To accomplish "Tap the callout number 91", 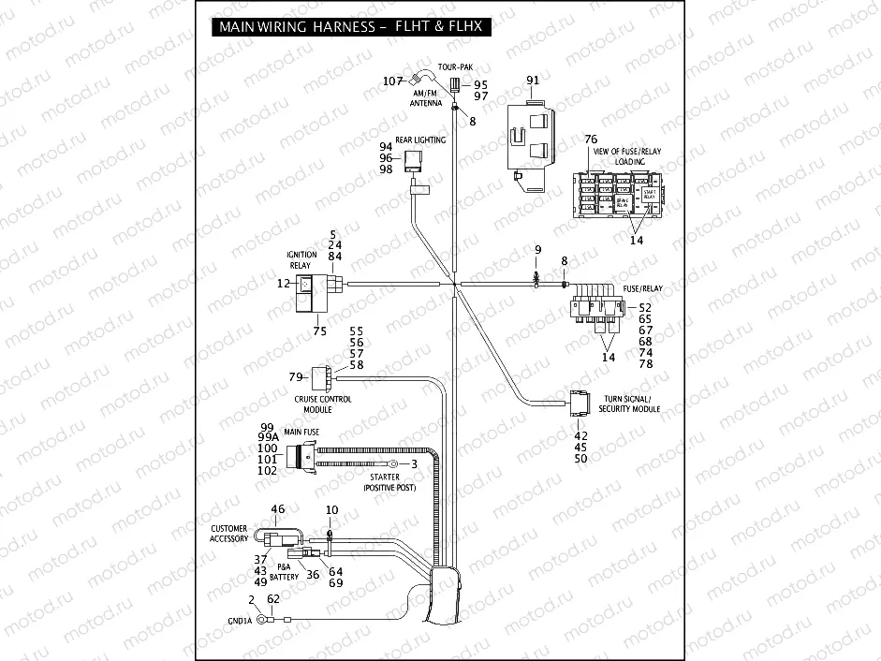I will pyautogui.click(x=533, y=81).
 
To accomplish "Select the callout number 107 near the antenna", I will pyautogui.click(x=394, y=81).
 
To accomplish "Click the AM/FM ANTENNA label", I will pyautogui.click(x=426, y=99).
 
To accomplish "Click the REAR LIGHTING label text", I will pyautogui.click(x=419, y=140).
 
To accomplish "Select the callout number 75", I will pyautogui.click(x=320, y=330).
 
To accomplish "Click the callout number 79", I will pyautogui.click(x=296, y=377).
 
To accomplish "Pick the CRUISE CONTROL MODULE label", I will pyautogui.click(x=323, y=404).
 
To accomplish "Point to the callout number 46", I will pyautogui.click(x=277, y=509).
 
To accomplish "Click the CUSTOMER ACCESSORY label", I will pyautogui.click(x=229, y=534).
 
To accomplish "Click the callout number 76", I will pyautogui.click(x=591, y=140).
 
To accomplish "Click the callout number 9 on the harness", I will pyautogui.click(x=537, y=250).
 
